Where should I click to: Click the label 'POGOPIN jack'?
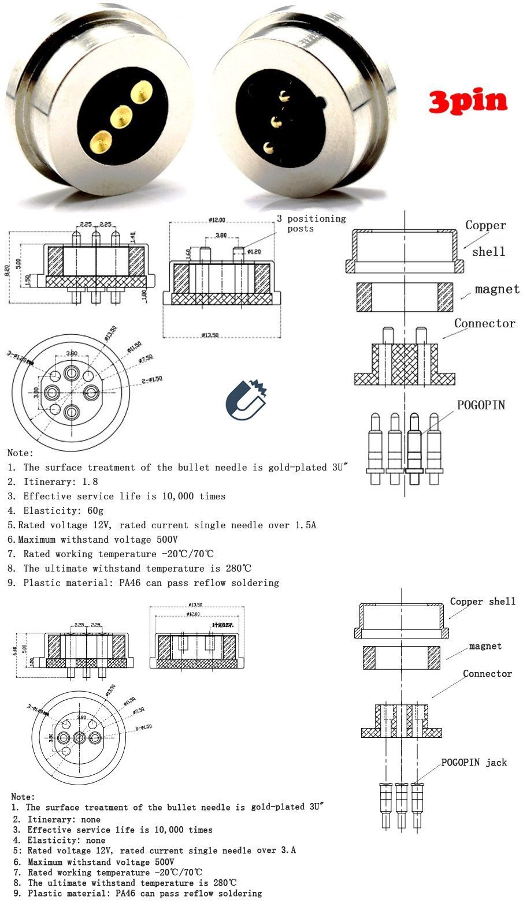(474, 762)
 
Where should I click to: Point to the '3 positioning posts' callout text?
(311, 223)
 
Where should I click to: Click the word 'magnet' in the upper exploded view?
(497, 289)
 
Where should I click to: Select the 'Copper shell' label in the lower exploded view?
(483, 602)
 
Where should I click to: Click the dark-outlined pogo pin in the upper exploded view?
(414, 447)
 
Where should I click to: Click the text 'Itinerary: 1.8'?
(61, 482)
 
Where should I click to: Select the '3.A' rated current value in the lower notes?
(287, 850)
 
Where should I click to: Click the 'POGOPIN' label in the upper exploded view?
(481, 405)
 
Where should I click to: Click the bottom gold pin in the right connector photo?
(268, 147)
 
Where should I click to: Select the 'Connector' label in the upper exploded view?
(484, 323)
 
